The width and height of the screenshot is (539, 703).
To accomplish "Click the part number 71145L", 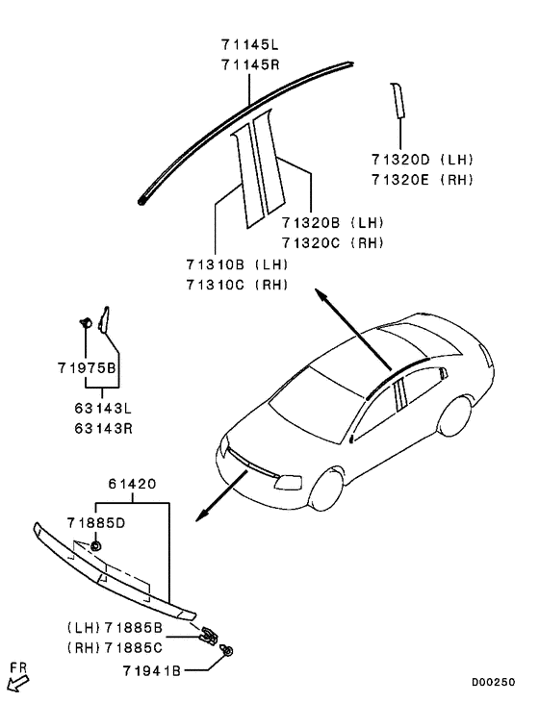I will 247,44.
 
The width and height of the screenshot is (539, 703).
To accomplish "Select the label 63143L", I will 102,409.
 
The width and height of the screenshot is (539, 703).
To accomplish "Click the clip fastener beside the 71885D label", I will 98,546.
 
